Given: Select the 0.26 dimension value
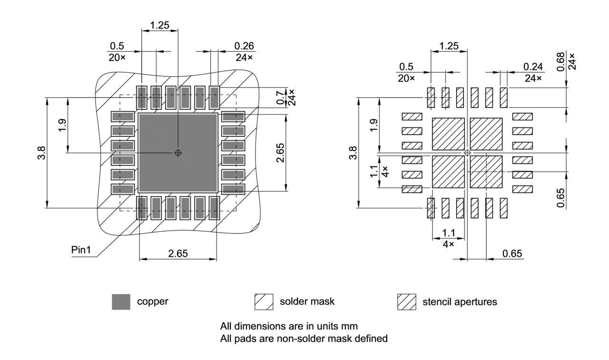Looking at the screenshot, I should point(244,46).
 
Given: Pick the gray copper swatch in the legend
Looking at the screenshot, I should point(121,302).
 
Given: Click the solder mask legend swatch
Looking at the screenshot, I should point(264,302).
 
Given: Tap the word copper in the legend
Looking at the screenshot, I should point(152,302).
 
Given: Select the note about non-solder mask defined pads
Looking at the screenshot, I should point(304,339).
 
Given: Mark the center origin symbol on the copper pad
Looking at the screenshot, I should point(178,153).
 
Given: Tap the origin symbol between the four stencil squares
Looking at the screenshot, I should point(467,153).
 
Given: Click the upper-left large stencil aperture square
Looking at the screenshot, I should point(448,134).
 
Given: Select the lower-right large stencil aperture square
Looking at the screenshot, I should point(486,171).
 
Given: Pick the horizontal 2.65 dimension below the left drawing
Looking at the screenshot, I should point(177,254).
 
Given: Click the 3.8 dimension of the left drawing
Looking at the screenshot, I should point(43,153).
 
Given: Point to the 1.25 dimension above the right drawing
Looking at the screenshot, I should point(449,46).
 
